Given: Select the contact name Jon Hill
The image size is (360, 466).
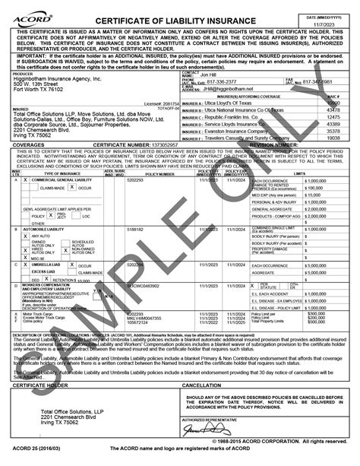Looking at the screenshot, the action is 208,74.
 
